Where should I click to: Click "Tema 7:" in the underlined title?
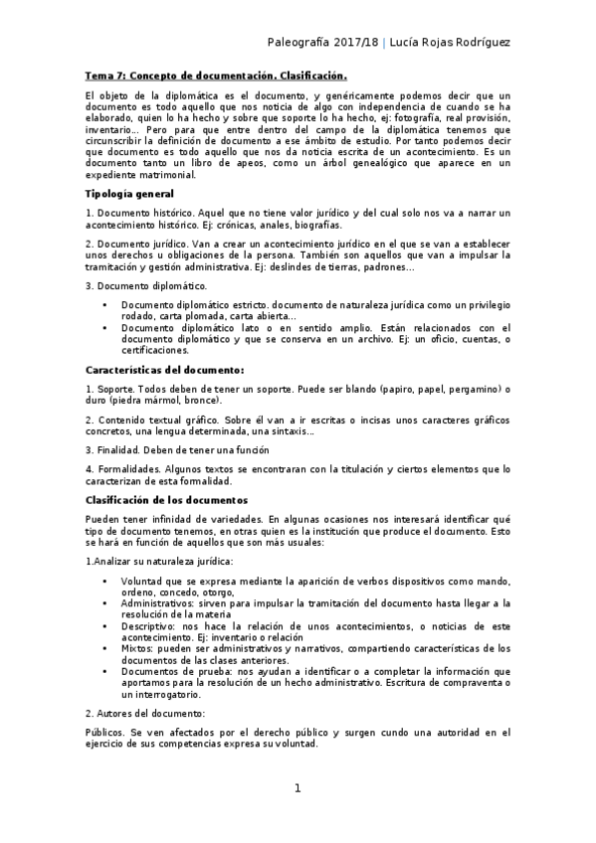(106, 76)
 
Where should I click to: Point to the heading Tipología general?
(129, 193)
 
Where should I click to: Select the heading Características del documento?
(158, 370)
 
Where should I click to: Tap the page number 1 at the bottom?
(297, 788)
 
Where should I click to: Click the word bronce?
(201, 401)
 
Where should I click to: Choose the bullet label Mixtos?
(139, 648)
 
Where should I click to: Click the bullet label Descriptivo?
(151, 626)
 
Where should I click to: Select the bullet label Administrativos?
(160, 602)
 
